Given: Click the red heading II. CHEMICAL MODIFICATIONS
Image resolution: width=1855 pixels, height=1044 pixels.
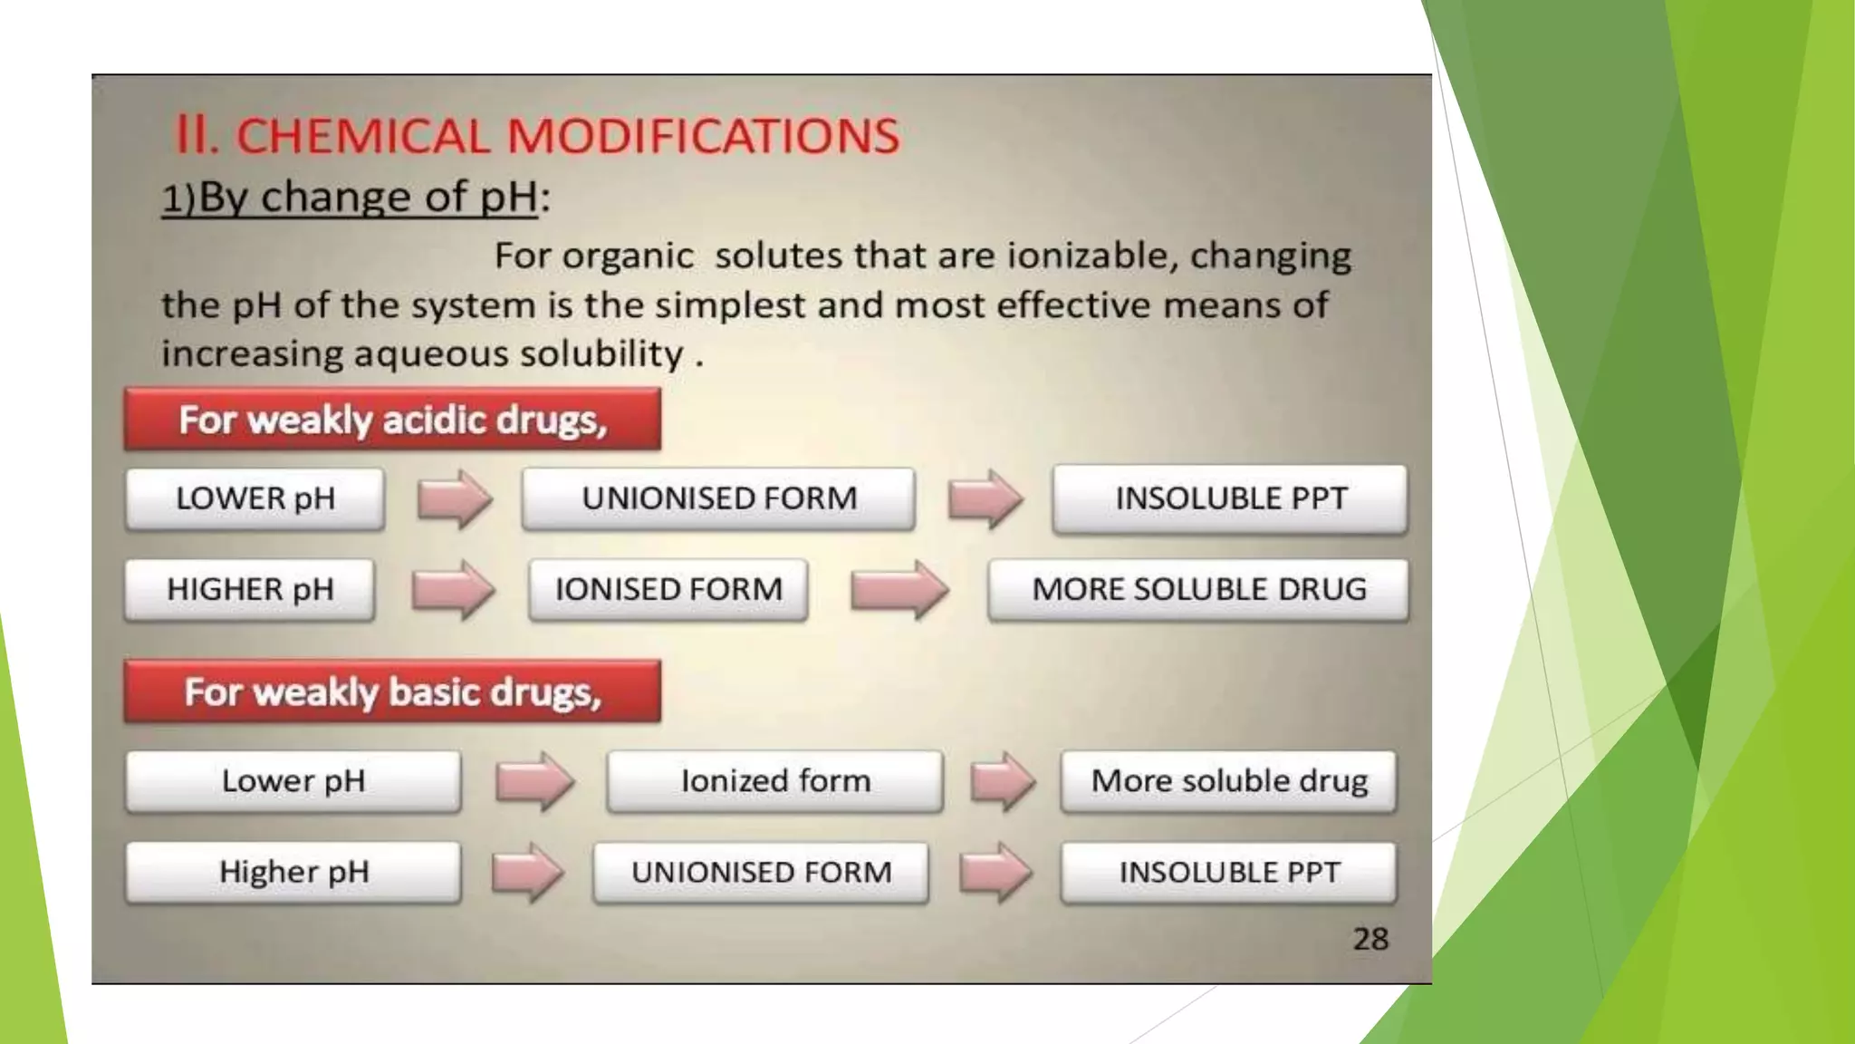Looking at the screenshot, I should click(x=536, y=136).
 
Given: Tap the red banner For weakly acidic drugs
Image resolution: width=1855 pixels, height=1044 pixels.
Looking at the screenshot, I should click(x=392, y=420).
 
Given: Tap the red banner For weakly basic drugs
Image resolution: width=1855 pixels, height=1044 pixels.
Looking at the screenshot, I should click(x=392, y=691).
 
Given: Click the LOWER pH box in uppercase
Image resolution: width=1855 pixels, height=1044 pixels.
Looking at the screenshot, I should click(x=255, y=498).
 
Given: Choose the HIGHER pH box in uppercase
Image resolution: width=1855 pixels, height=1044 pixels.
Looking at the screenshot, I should click(x=250, y=589).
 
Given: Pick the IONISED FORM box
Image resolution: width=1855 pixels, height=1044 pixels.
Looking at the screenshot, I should click(x=668, y=589).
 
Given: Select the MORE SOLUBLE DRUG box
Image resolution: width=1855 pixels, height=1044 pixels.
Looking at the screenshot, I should click(x=1198, y=589).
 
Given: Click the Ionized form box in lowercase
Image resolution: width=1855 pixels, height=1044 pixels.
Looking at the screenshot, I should click(x=775, y=780).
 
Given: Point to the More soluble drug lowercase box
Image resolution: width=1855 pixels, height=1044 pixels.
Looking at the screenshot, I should click(x=1229, y=780).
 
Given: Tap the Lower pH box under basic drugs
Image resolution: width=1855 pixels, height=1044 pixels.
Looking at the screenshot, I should click(x=293, y=780).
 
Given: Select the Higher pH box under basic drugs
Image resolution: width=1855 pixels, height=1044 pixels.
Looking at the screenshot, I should click(x=293, y=872).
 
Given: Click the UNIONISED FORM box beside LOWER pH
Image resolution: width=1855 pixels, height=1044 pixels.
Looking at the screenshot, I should click(x=718, y=498).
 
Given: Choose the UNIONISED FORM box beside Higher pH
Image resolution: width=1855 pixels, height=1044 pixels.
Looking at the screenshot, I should click(x=761, y=872).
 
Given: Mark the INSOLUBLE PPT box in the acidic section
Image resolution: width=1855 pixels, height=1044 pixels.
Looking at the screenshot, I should click(x=1230, y=498).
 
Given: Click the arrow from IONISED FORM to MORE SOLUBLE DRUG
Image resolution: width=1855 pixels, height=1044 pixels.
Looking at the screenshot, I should click(x=899, y=590).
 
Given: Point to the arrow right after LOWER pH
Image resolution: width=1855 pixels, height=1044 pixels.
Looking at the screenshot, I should click(x=455, y=498).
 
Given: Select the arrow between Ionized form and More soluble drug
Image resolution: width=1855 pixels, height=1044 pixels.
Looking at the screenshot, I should click(x=1003, y=780).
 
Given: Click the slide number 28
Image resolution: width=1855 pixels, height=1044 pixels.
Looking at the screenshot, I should click(x=1370, y=939).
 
